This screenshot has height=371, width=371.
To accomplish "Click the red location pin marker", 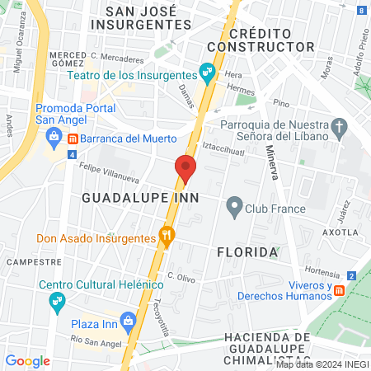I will (185, 168).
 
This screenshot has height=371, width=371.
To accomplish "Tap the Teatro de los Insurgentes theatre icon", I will (206, 71).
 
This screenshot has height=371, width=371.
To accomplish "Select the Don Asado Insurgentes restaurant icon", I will (167, 238).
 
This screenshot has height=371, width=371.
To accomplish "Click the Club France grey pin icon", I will (234, 206).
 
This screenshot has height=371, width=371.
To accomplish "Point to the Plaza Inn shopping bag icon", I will (128, 320).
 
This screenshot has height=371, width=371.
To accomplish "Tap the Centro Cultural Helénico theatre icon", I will (57, 303).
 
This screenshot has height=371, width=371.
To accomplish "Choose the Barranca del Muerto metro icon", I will (73, 138).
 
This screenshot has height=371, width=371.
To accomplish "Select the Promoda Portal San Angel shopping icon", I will (54, 135).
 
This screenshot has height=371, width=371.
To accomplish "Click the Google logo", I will (27, 360).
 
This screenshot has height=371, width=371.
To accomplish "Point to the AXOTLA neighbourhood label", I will (344, 232).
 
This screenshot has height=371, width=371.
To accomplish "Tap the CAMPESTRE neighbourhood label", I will (34, 261).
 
